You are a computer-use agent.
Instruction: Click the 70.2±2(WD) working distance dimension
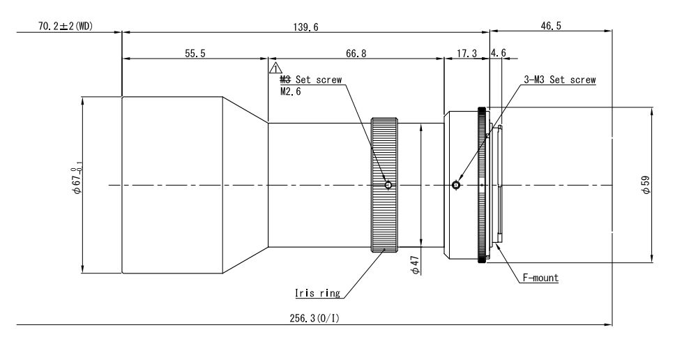coord(66,27)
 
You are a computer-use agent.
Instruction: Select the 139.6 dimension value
coord(305,27)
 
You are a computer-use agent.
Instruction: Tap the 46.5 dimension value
coord(551,26)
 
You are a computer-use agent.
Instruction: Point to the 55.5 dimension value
coord(195,54)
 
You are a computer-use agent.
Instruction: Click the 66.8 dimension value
coord(356,54)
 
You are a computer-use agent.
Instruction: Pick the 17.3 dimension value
coord(467,54)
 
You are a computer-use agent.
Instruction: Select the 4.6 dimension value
coord(499,53)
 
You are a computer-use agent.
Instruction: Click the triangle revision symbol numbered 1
coord(275,68)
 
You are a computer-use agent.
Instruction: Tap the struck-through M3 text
coord(285,80)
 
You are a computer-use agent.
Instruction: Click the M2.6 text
coord(291,91)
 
